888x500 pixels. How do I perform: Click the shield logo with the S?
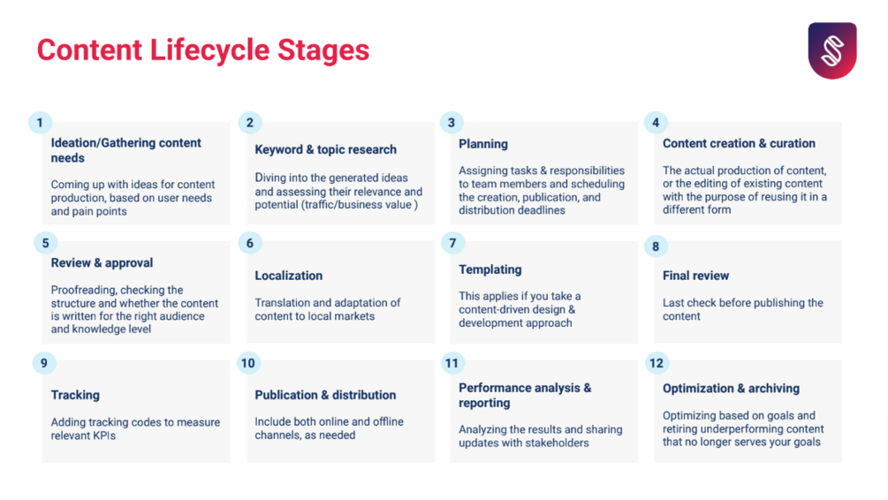[832, 50]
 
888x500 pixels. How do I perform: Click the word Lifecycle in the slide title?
[209, 49]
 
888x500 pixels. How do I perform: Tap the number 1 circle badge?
[40, 122]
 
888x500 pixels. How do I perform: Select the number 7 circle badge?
[452, 243]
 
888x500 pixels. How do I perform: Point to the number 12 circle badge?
[657, 363]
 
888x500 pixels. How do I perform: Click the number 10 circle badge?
[248, 363]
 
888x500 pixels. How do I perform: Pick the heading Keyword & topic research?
[326, 149]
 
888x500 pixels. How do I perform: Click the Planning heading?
[483, 144]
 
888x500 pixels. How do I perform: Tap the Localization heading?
[288, 276]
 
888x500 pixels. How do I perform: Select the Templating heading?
[490, 269]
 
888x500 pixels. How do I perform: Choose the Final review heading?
[695, 276]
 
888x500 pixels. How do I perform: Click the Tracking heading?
[75, 395]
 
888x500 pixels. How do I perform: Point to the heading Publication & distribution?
[325, 395]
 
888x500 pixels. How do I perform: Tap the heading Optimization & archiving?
[731, 389]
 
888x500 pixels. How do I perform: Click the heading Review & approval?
[102, 262]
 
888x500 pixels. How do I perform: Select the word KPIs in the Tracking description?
[101, 436]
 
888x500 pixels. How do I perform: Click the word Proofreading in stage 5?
[83, 291]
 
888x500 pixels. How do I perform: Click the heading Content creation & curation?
[739, 143]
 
